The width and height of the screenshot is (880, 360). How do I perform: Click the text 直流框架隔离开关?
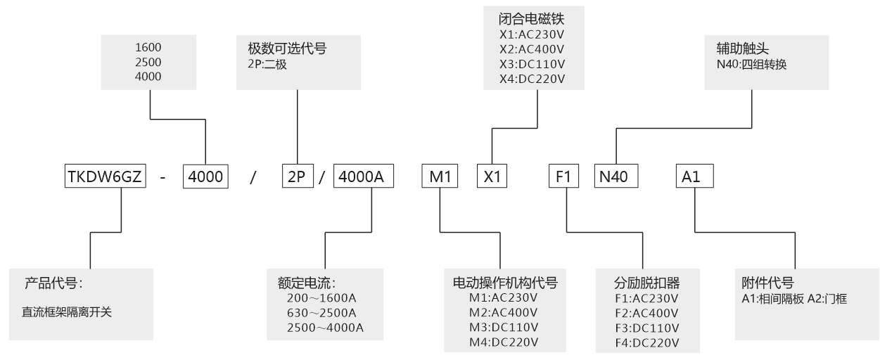point(68,310)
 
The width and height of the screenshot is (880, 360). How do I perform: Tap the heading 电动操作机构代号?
point(504,283)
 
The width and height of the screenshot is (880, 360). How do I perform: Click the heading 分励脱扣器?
point(646,283)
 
